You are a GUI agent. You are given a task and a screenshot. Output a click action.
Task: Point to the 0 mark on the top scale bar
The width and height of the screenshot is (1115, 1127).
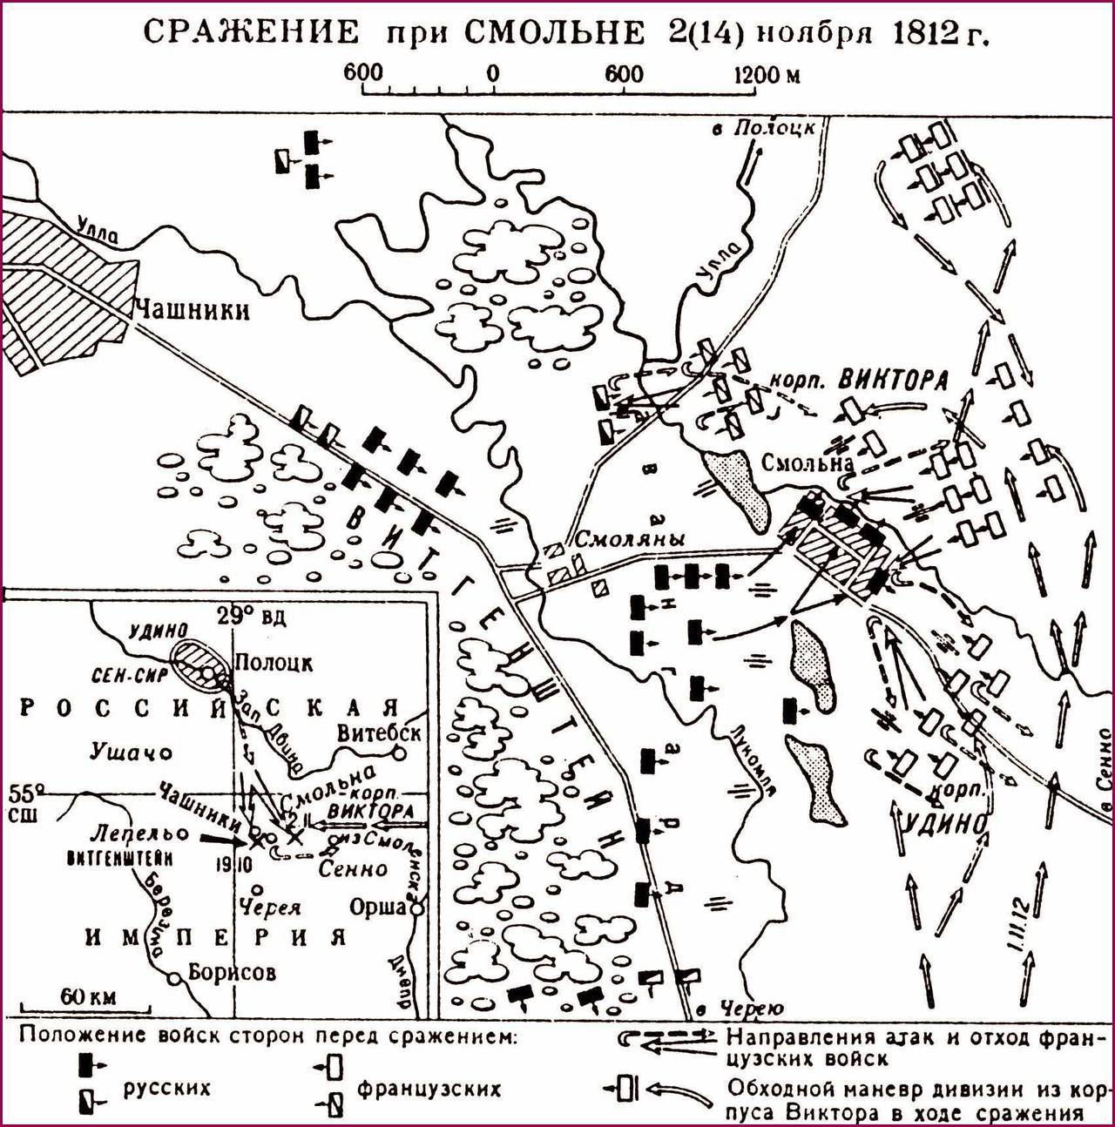click(x=493, y=73)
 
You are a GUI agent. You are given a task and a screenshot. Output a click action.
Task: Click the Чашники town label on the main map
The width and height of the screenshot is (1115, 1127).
click(x=191, y=310)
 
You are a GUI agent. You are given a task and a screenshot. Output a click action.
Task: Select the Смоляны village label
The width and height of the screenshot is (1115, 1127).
click(x=628, y=539)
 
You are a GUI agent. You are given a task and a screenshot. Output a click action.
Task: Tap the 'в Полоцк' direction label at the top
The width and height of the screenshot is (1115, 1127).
click(x=763, y=127)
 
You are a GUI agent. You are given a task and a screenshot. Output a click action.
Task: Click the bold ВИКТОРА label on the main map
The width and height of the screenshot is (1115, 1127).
click(x=893, y=381)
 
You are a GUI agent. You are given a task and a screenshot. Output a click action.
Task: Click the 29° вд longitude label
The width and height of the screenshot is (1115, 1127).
click(x=252, y=616)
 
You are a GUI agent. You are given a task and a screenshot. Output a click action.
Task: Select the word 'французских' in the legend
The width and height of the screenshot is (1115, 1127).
click(x=429, y=1088)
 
